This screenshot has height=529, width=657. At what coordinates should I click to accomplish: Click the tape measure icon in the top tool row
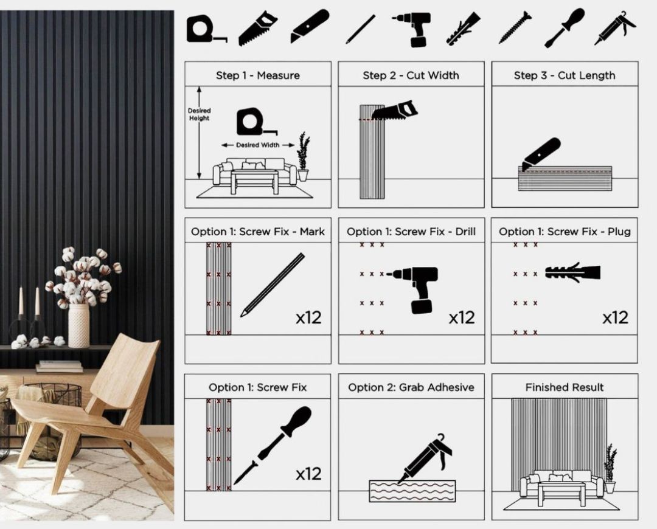click(x=206, y=29)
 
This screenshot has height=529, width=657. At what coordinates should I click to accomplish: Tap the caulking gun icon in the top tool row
click(x=614, y=27)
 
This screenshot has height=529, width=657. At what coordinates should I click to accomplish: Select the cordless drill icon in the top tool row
click(x=412, y=29)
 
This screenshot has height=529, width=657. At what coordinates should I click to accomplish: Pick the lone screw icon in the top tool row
click(x=515, y=28)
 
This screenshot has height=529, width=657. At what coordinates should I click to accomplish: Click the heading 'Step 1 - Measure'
click(x=258, y=75)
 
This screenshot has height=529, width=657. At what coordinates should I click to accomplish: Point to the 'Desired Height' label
click(x=199, y=114)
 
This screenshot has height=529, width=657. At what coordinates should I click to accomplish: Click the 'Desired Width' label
click(x=258, y=145)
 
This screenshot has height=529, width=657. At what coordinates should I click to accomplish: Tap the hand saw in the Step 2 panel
click(x=395, y=111)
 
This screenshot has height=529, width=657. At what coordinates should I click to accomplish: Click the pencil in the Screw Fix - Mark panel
click(x=273, y=285)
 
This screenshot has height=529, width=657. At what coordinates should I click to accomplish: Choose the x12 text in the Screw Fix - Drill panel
click(x=462, y=318)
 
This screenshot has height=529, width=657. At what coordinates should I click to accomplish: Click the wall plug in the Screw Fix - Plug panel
click(x=573, y=272)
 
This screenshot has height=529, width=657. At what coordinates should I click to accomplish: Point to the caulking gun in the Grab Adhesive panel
click(x=425, y=458)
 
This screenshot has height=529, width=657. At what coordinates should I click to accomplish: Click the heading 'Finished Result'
click(x=565, y=387)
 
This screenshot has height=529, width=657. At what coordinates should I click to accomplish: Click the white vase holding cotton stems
click(x=78, y=326)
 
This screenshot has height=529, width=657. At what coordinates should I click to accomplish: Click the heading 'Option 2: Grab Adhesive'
click(x=411, y=387)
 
